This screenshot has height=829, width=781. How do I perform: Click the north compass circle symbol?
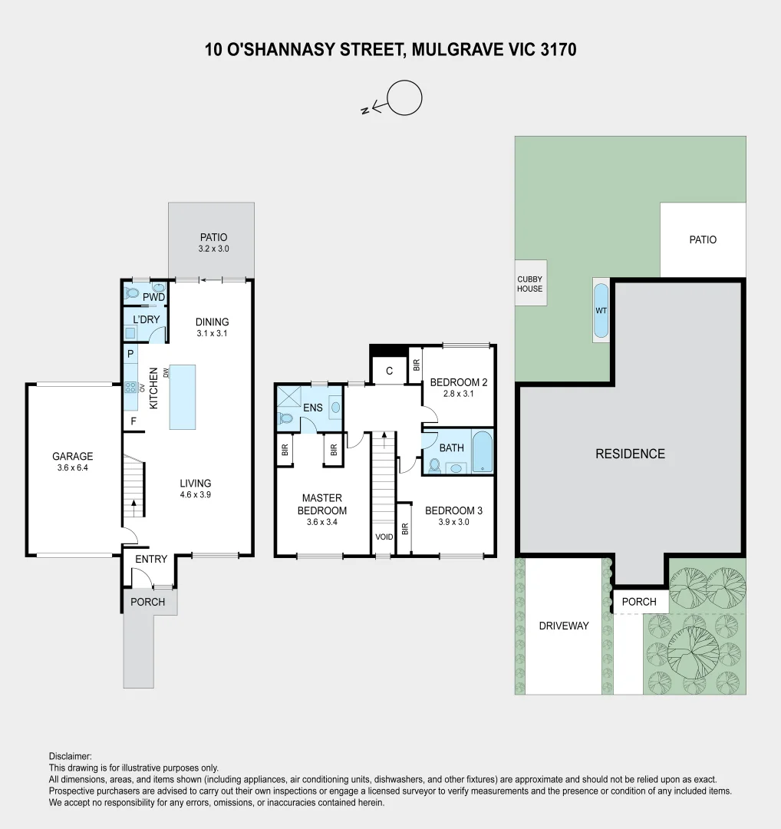[404, 98]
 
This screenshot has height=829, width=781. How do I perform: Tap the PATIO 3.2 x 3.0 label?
[213, 243]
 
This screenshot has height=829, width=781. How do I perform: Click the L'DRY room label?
[145, 320]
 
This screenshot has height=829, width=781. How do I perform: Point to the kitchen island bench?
[183, 397]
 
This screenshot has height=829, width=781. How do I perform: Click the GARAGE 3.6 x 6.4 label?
[73, 461]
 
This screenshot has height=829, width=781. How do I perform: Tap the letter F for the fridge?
[133, 421]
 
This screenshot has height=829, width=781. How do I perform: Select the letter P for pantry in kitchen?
[130, 354]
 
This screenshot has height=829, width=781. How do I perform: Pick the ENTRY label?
[150, 559]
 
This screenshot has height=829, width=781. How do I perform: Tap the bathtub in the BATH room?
[482, 453]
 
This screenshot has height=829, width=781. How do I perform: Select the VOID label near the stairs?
[383, 537]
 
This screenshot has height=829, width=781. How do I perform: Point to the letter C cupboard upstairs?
[389, 371]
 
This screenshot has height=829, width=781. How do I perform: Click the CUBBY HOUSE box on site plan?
[529, 283]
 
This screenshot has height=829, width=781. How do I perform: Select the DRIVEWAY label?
[564, 626]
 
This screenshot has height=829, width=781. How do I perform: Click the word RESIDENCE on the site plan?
[630, 454]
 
